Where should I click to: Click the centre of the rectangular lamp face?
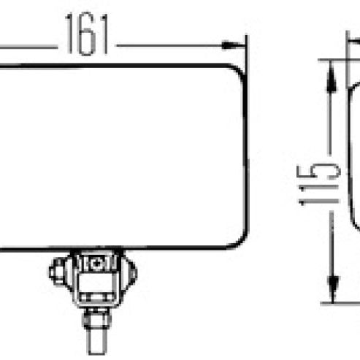pyautogui.click(x=120, y=157)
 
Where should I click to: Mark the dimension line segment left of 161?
pyautogui.click(x=29, y=47)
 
